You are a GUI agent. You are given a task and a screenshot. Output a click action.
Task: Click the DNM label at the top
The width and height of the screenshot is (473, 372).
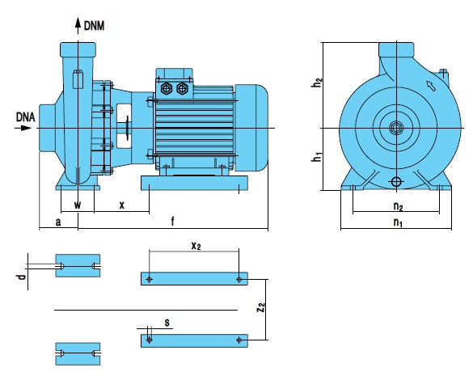[94, 26]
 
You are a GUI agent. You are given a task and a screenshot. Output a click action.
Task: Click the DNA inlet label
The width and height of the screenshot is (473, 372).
[25, 117]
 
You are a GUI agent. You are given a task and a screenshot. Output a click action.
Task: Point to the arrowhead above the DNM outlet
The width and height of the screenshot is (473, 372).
[78, 23]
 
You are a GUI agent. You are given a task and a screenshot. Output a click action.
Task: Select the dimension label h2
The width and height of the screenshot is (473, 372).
[317, 82]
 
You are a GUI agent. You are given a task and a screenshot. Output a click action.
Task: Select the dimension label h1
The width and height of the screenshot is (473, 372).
[317, 157]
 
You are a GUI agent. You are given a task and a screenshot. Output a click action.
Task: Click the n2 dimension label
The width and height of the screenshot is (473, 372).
[398, 206]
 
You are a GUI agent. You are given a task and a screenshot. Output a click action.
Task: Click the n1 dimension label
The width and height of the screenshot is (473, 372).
[398, 222]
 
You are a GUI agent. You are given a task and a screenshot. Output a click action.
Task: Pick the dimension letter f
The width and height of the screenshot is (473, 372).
[172, 221]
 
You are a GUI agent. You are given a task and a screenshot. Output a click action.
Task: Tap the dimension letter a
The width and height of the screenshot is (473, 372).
[58, 222]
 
